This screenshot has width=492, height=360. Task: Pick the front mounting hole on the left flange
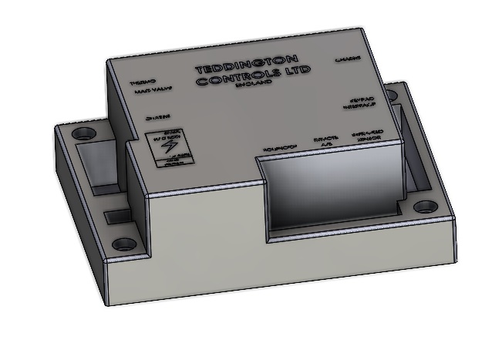point(122,246)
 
